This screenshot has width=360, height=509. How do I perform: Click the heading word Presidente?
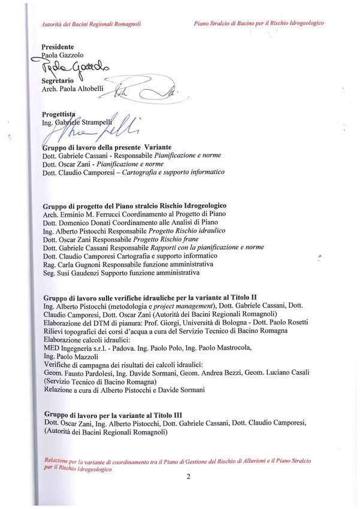click(58, 47)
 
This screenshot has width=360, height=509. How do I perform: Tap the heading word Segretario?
click(57, 80)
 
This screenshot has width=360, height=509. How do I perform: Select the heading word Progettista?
click(59, 114)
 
